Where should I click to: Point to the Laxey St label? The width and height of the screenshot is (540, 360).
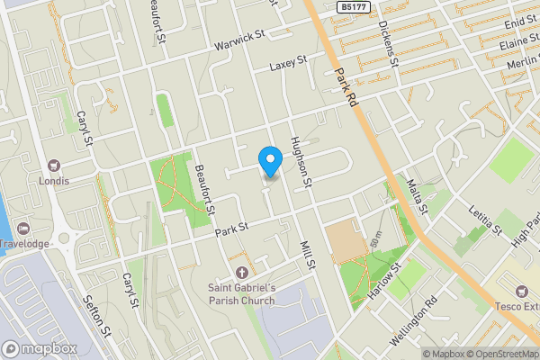[x=288, y=63]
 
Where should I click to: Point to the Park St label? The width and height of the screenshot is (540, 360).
[x=231, y=231]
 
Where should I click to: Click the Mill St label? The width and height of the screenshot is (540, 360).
[x=309, y=255]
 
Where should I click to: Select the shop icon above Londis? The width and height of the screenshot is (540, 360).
[x=53, y=165]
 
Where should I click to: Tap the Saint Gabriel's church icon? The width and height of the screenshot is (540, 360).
[x=240, y=272]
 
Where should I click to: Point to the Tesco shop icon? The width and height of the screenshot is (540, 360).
[x=521, y=290]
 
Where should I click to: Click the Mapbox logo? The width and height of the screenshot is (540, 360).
[x=40, y=348]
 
